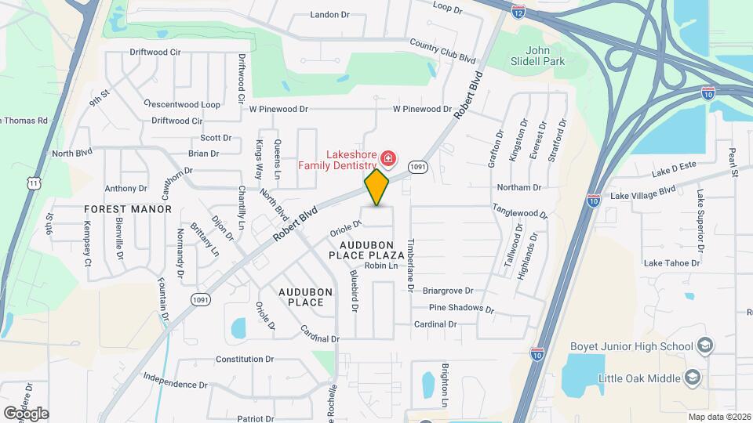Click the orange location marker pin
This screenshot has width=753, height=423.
pyautogui.click(x=376, y=187)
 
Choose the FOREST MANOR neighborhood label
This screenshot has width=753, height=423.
pyautogui.click(x=128, y=209)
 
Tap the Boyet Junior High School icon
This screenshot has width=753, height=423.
pyautogui.click(x=704, y=346)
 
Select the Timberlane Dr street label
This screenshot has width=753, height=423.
pyautogui.click(x=409, y=266)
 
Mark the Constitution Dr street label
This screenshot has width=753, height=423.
pyautogui.click(x=245, y=360)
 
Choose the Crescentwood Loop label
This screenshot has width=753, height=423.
pyautogui.click(x=182, y=104)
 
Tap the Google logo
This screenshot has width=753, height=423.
pyautogui.click(x=26, y=413)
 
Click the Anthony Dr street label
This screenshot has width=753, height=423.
pyautogui.click(x=126, y=189)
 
